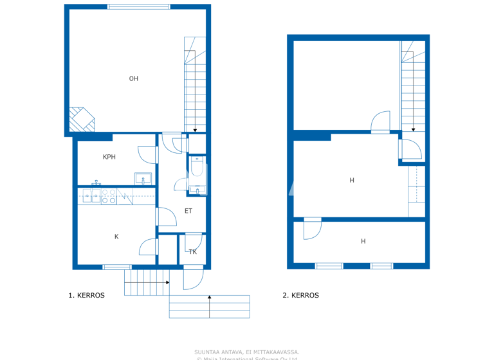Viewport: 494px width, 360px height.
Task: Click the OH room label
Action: click(134, 79)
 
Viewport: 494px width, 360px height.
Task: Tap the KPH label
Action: click(109, 157)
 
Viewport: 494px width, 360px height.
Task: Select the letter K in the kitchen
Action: click(116, 237)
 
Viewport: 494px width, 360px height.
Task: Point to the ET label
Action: click(188, 211)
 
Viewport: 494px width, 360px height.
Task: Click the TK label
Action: click(192, 252)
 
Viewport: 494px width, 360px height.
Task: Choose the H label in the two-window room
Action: click(363, 242)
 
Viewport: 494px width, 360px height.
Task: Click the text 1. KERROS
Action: click(87, 296)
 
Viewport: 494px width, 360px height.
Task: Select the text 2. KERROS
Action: click(300, 296)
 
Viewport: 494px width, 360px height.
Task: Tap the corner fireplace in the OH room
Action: click(81, 119)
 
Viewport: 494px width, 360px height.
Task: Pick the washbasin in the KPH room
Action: click(143, 179)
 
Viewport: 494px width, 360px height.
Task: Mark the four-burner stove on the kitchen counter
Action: click(109, 196)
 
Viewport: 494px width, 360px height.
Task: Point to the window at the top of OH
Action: click(139, 7)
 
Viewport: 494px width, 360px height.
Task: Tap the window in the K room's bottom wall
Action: click(117, 267)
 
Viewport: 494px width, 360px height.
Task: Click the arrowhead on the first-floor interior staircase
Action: click(195, 130)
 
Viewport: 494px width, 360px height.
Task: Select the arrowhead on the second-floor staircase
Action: click(414, 129)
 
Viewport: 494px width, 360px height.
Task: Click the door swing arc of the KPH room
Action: click(149, 155)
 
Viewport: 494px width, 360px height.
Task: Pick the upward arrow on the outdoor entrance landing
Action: click(210, 297)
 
